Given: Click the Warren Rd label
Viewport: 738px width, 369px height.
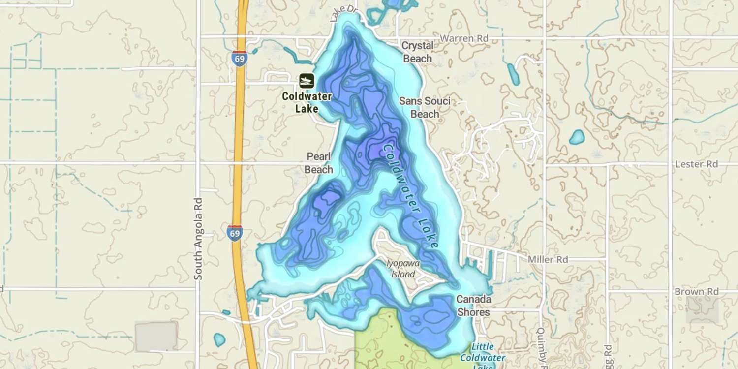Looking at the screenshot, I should (x=464, y=38).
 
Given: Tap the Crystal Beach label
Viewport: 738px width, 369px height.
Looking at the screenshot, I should (x=418, y=52).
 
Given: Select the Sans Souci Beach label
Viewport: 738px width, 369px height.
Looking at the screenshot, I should (x=425, y=107).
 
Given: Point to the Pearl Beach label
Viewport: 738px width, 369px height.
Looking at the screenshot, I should (x=319, y=163).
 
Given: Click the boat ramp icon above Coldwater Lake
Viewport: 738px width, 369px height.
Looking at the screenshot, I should (x=307, y=81).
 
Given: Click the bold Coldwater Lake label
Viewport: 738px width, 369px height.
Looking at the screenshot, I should (x=307, y=102).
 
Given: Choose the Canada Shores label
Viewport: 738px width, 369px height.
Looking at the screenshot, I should (x=473, y=306).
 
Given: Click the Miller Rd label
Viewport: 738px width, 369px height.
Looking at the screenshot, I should (x=548, y=259).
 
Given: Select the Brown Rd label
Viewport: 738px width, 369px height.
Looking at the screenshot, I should (x=696, y=292).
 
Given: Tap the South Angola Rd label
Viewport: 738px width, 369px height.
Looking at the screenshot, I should (x=198, y=239).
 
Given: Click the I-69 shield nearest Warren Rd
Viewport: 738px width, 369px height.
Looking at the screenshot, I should (x=240, y=58).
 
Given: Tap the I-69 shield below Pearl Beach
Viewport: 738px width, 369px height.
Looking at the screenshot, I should (x=235, y=232).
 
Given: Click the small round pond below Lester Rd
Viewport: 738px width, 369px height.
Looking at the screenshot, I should (x=577, y=137).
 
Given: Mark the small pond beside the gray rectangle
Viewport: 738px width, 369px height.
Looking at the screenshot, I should (x=219, y=339).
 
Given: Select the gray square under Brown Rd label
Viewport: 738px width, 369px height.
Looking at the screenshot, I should (x=702, y=310).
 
